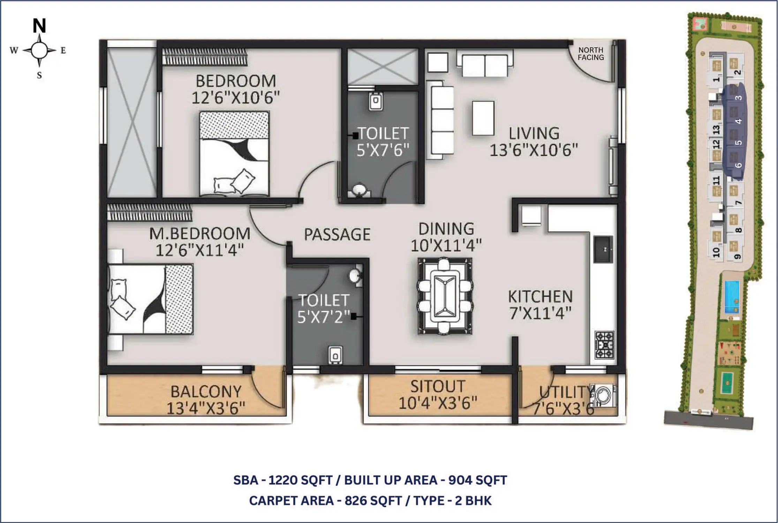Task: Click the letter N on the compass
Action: [39, 25]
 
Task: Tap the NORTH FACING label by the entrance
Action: [591, 54]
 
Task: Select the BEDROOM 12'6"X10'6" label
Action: [236, 89]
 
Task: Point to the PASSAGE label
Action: [337, 234]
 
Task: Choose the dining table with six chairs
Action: [445, 296]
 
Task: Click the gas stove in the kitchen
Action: [605, 345]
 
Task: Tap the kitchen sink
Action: [603, 249]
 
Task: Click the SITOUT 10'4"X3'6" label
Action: [438, 395]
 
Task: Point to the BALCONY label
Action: [206, 392]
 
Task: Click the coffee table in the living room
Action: [483, 118]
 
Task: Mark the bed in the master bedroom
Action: [151, 299]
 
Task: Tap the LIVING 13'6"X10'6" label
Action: [534, 142]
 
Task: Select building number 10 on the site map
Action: [716, 252]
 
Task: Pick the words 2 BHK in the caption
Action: [473, 501]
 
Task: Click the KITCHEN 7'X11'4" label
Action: [540, 305]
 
